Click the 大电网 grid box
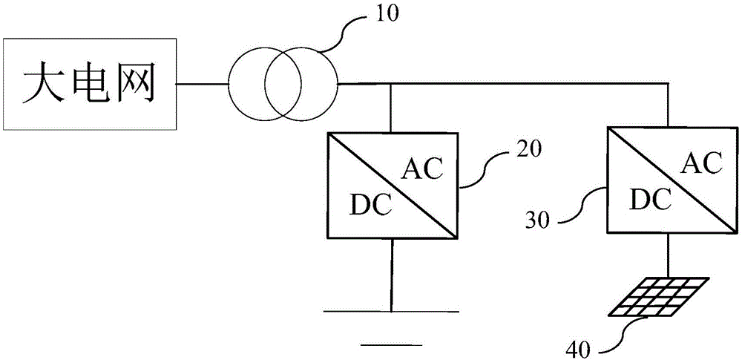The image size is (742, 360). tap(91, 85)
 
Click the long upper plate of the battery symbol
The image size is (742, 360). tap(391, 312)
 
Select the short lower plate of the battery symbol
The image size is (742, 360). tap(392, 344)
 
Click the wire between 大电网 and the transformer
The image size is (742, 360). tap(202, 86)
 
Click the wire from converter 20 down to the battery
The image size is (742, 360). tap(391, 275)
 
